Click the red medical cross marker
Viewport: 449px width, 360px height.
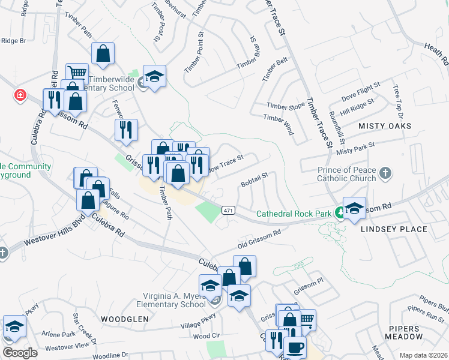point(20,95)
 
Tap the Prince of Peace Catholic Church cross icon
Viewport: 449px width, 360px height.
point(385,174)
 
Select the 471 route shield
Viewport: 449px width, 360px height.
point(228,210)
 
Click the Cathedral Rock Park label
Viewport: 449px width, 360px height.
point(294,213)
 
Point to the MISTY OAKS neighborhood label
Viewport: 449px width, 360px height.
point(385,126)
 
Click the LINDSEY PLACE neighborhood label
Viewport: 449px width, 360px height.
point(394,229)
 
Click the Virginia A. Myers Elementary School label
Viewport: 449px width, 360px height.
point(174,300)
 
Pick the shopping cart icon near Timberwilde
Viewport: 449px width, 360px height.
point(77,73)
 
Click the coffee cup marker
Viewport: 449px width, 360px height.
point(294,347)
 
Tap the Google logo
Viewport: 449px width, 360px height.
point(19,353)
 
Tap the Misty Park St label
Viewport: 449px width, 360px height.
point(355,148)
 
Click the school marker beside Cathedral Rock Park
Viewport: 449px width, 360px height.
point(354,207)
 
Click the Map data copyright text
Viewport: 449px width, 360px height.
point(423,355)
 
